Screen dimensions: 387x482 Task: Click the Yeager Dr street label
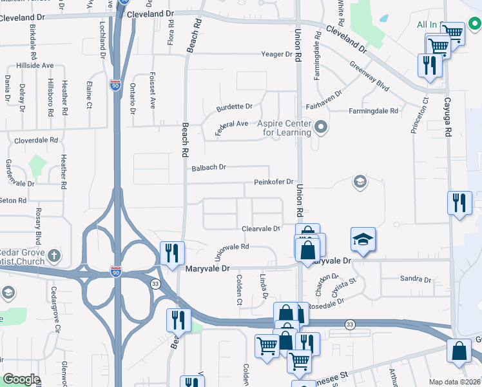click(276, 54)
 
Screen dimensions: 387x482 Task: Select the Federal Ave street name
click(231, 126)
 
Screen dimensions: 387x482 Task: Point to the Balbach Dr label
click(209, 168)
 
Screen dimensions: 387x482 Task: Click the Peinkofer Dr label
click(273, 183)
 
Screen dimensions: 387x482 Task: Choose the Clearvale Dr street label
click(261, 228)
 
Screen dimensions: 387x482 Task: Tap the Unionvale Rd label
click(231, 250)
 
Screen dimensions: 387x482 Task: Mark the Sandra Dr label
click(415, 279)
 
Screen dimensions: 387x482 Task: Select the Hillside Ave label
click(39, 66)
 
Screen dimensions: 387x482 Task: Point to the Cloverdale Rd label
click(37, 139)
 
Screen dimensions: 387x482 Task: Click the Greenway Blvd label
click(369, 76)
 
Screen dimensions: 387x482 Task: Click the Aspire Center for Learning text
click(284, 128)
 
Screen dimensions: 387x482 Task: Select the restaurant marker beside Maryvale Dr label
click(171, 252)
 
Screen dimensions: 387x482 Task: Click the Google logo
click(21, 379)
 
